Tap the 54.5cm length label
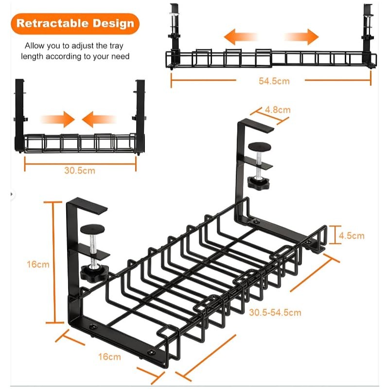(x=274, y=81)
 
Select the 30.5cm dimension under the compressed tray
(x=80, y=170)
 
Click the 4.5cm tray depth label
(x=351, y=236)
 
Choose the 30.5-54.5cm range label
(x=275, y=312)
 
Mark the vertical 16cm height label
(x=38, y=265)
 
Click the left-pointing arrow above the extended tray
(x=240, y=37)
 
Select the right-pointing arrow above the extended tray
(x=301, y=37)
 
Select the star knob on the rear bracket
(x=257, y=183)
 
